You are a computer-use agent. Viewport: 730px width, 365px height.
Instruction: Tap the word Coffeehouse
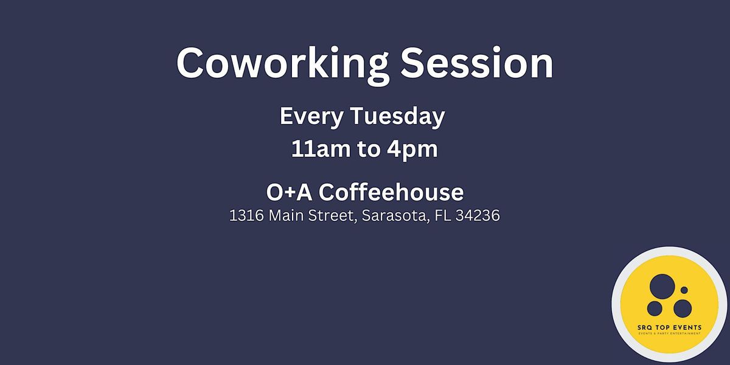pos(391,193)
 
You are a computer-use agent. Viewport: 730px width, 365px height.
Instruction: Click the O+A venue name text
pos(290,193)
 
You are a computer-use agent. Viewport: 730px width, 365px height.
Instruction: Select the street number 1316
pos(245,216)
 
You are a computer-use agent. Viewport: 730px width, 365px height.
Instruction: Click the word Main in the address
pos(287,216)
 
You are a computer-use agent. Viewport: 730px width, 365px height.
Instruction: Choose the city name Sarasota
pos(395,216)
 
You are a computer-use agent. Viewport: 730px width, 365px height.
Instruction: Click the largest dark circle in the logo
pos(662,286)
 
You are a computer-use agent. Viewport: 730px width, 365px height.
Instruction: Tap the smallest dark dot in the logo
pos(684,290)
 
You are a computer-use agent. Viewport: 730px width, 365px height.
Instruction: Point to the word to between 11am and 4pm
pos(367,150)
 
